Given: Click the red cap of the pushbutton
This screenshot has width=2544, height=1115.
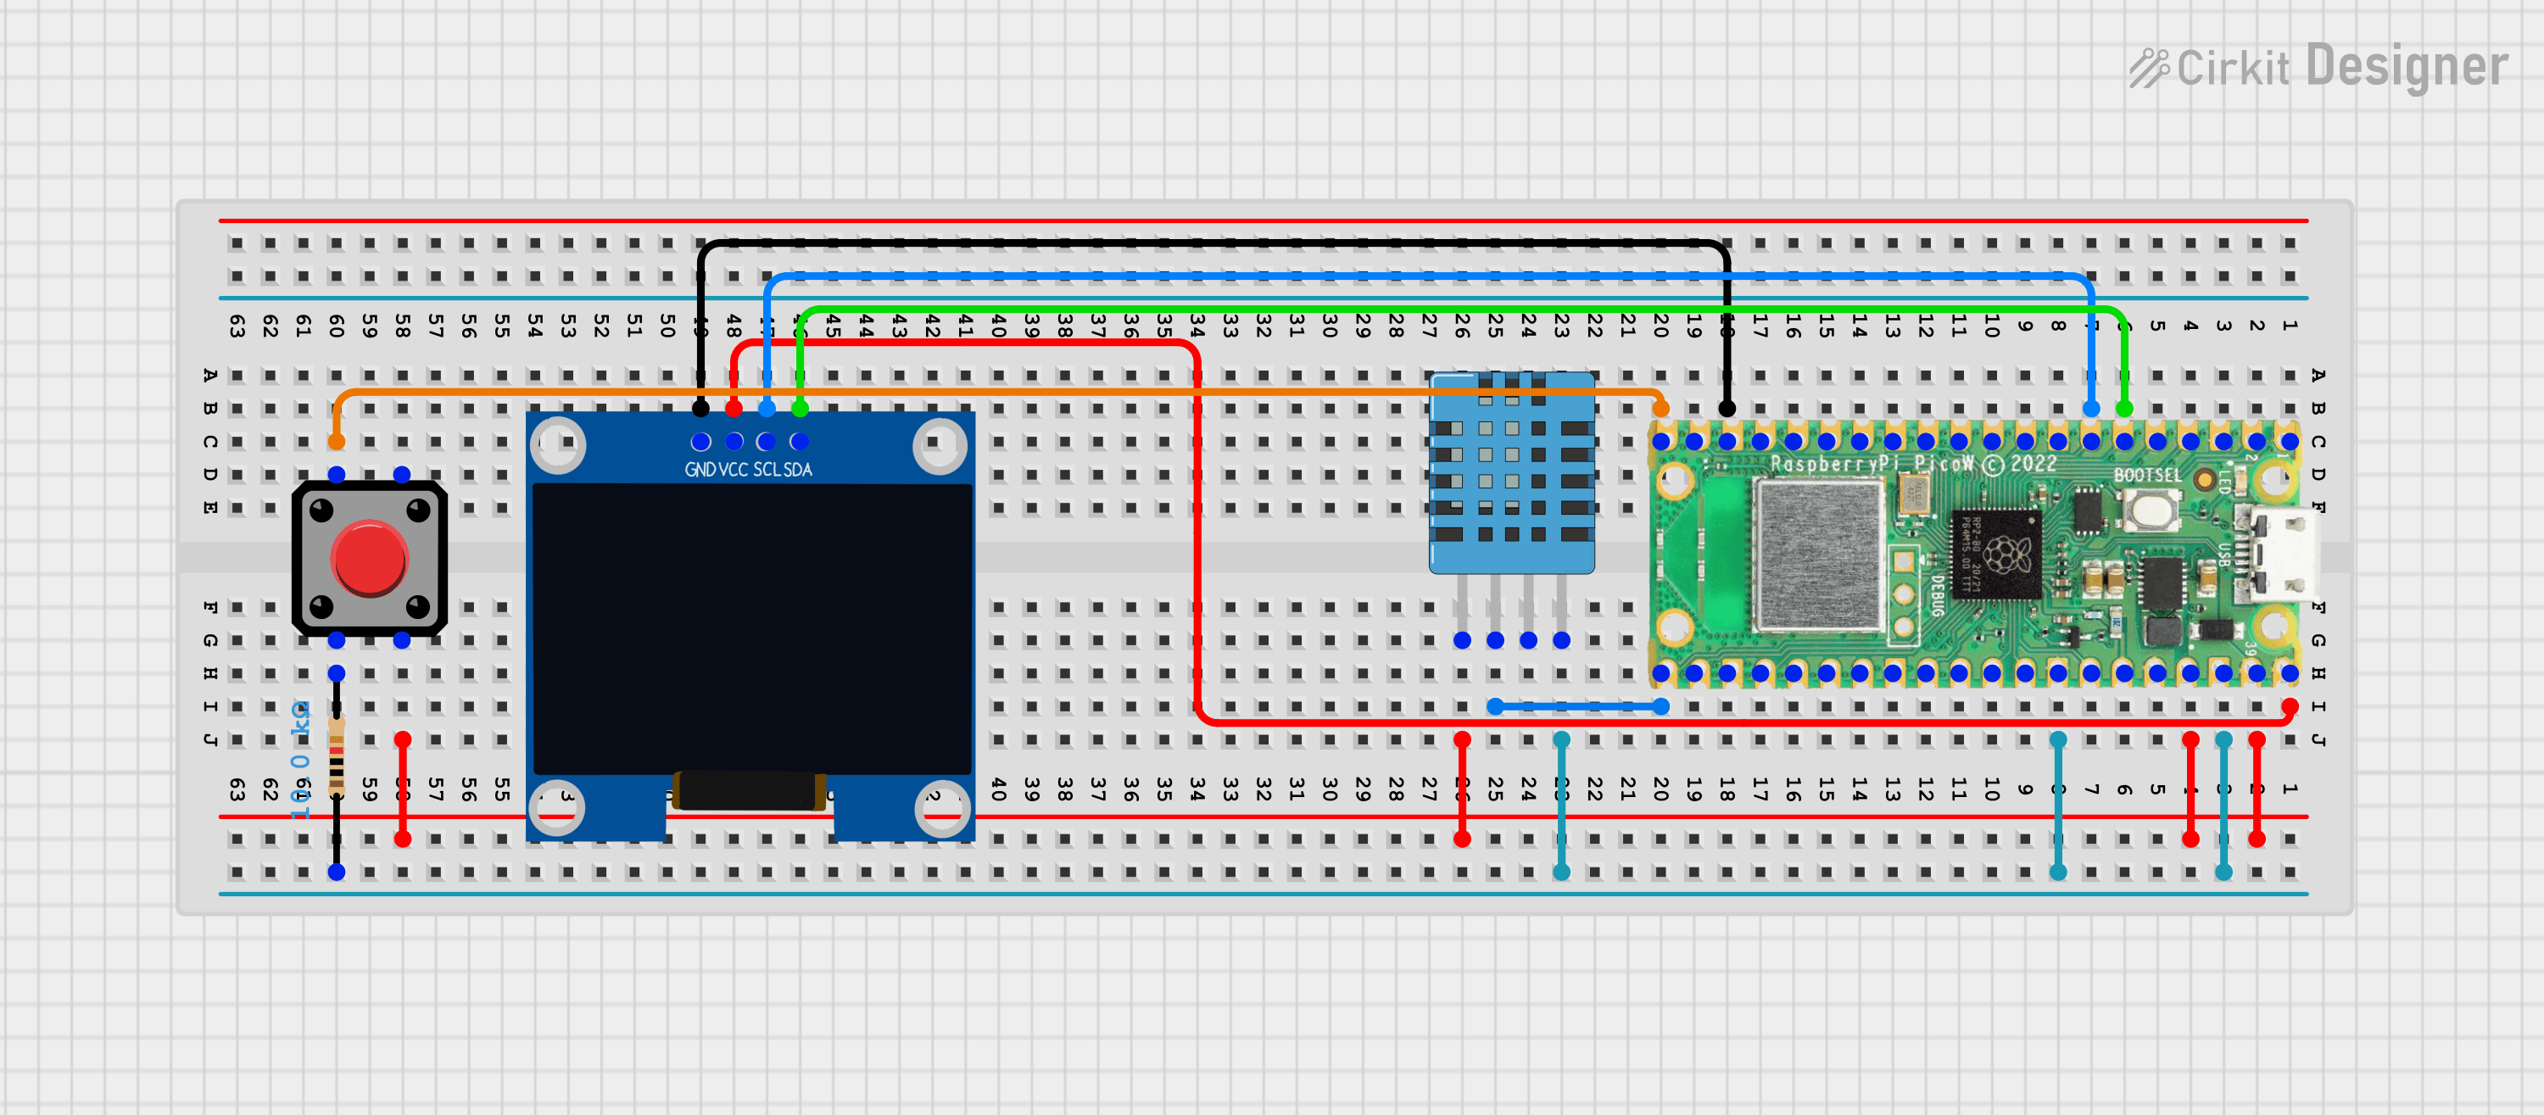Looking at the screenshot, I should pos(370,560).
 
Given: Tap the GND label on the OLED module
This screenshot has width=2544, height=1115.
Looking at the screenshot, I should pos(700,470).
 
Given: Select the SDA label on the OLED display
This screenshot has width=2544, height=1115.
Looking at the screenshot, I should pos(798,470).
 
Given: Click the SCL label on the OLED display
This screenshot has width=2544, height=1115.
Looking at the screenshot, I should pos(767,470).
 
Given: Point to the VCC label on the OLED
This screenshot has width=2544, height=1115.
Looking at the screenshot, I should pos(733,470).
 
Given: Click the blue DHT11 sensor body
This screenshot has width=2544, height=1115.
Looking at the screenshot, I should pos(1511,474).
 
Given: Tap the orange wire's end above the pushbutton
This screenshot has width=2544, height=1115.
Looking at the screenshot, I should pos(337,440).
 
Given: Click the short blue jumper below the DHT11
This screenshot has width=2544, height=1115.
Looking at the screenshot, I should pos(1578,706).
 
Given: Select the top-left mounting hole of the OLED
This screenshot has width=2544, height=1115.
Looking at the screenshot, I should pos(559,444).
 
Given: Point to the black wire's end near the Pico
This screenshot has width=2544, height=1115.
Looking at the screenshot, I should pos(1727,408).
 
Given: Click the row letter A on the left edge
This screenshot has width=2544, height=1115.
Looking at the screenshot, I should pos(210,376).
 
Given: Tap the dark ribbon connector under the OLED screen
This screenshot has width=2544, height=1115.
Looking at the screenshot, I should pos(750,790).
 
